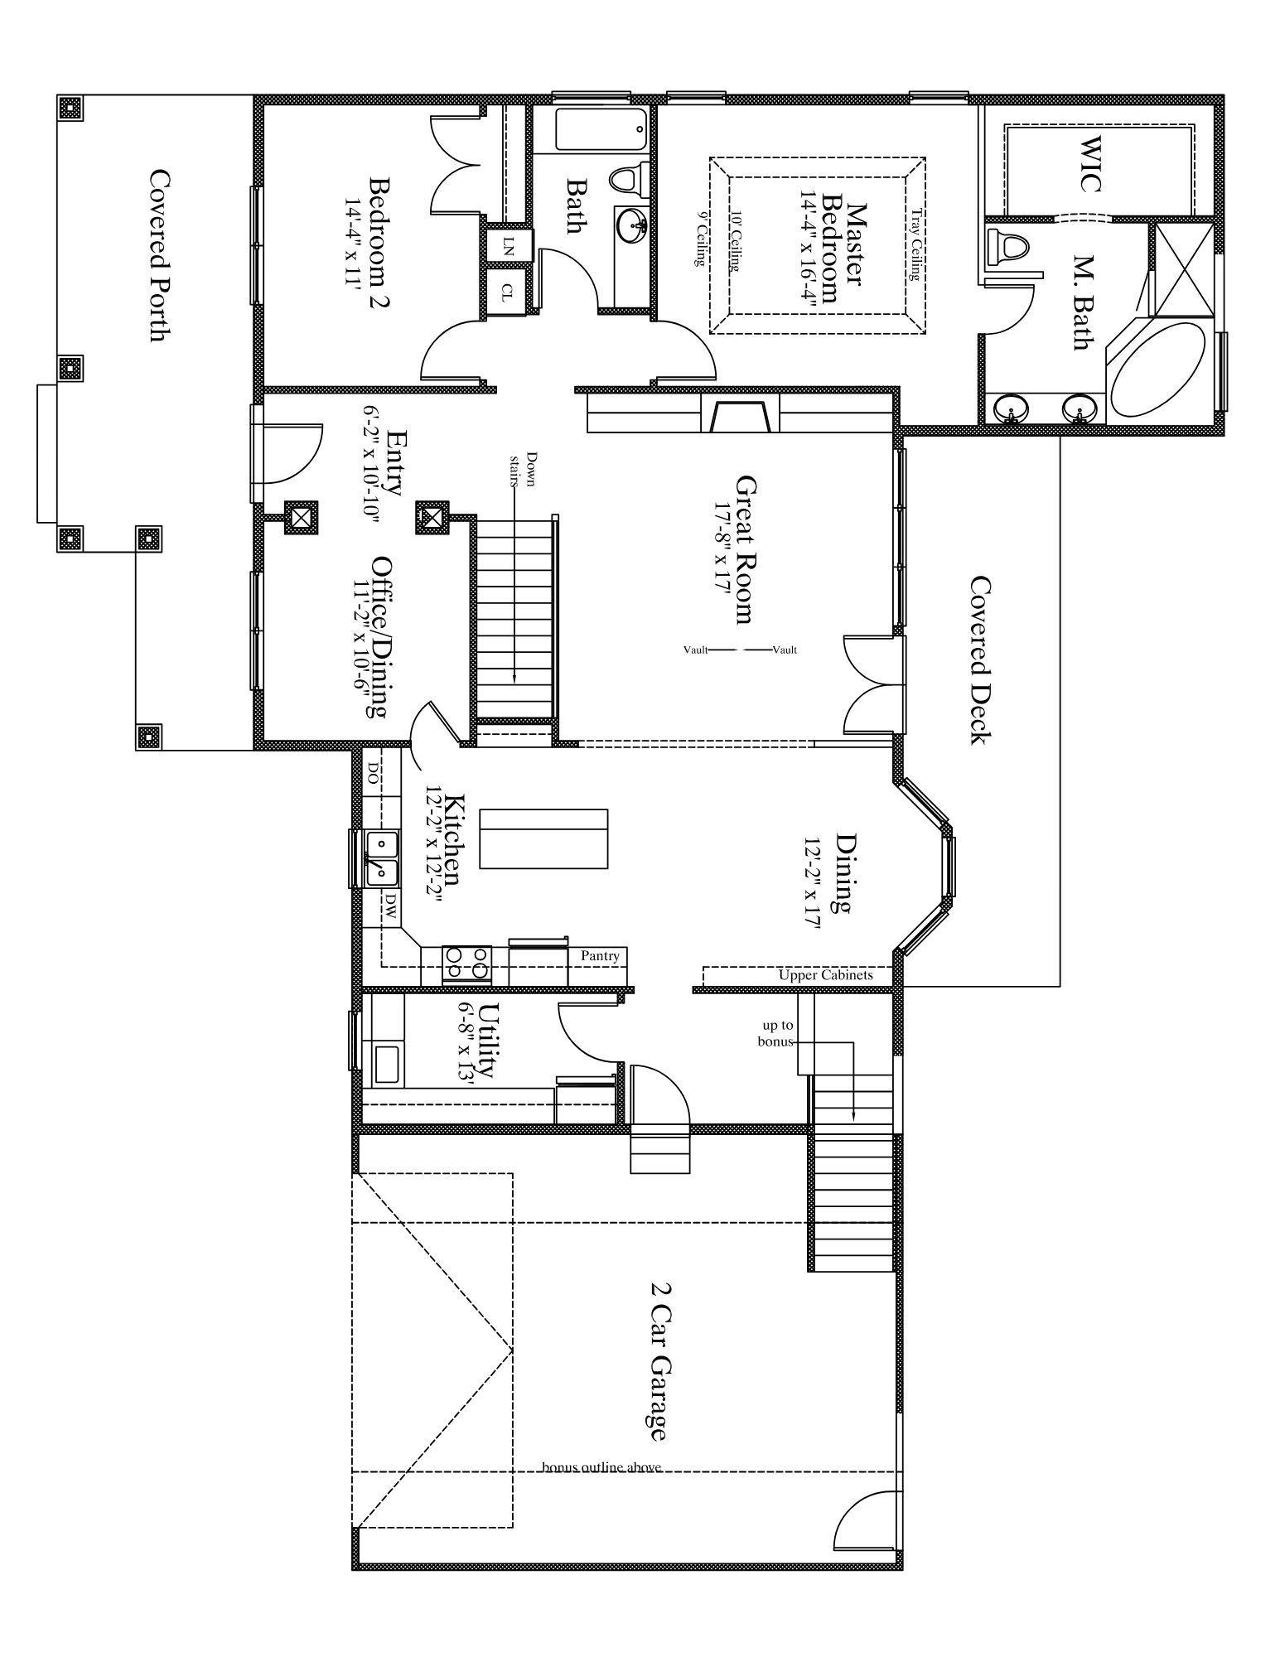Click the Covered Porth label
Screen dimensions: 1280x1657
pyautogui.click(x=160, y=255)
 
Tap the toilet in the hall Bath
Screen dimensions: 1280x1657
pyautogui.click(x=630, y=178)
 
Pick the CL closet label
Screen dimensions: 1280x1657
pyautogui.click(x=507, y=291)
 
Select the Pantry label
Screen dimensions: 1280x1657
pyautogui.click(x=600, y=955)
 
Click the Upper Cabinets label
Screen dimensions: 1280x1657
pyautogui.click(x=825, y=975)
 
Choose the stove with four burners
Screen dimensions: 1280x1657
pyautogui.click(x=467, y=965)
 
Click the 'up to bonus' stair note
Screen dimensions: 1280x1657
pyautogui.click(x=777, y=1033)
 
